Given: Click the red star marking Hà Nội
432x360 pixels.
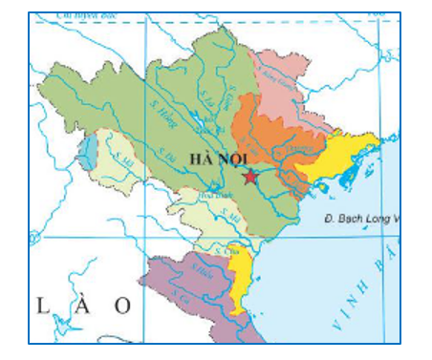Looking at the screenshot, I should click(250, 177).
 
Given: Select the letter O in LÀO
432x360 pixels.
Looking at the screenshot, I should click(121, 305).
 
